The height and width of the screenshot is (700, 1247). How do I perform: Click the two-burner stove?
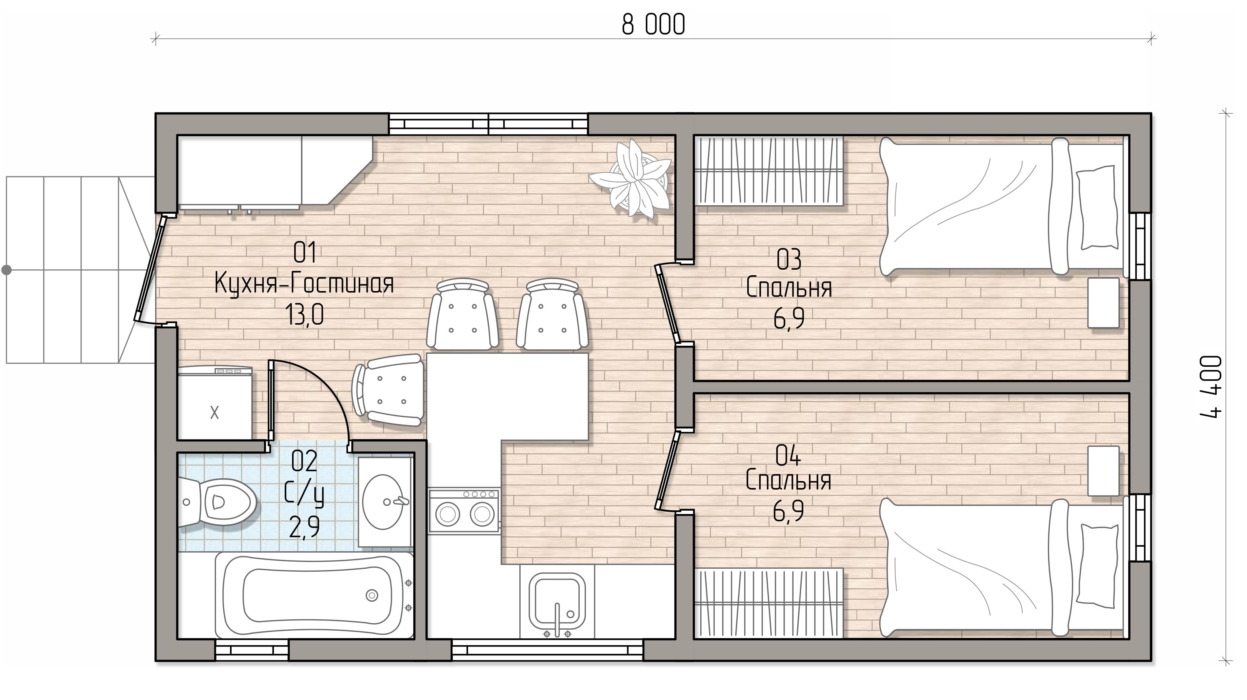pos(464,511)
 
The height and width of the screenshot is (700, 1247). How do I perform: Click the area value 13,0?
pos(305,315)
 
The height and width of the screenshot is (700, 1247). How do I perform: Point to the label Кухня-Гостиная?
pos(304,284)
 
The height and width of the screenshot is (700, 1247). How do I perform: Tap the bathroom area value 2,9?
pos(305,527)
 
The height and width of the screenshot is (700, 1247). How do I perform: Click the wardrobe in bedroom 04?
pos(769,604)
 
